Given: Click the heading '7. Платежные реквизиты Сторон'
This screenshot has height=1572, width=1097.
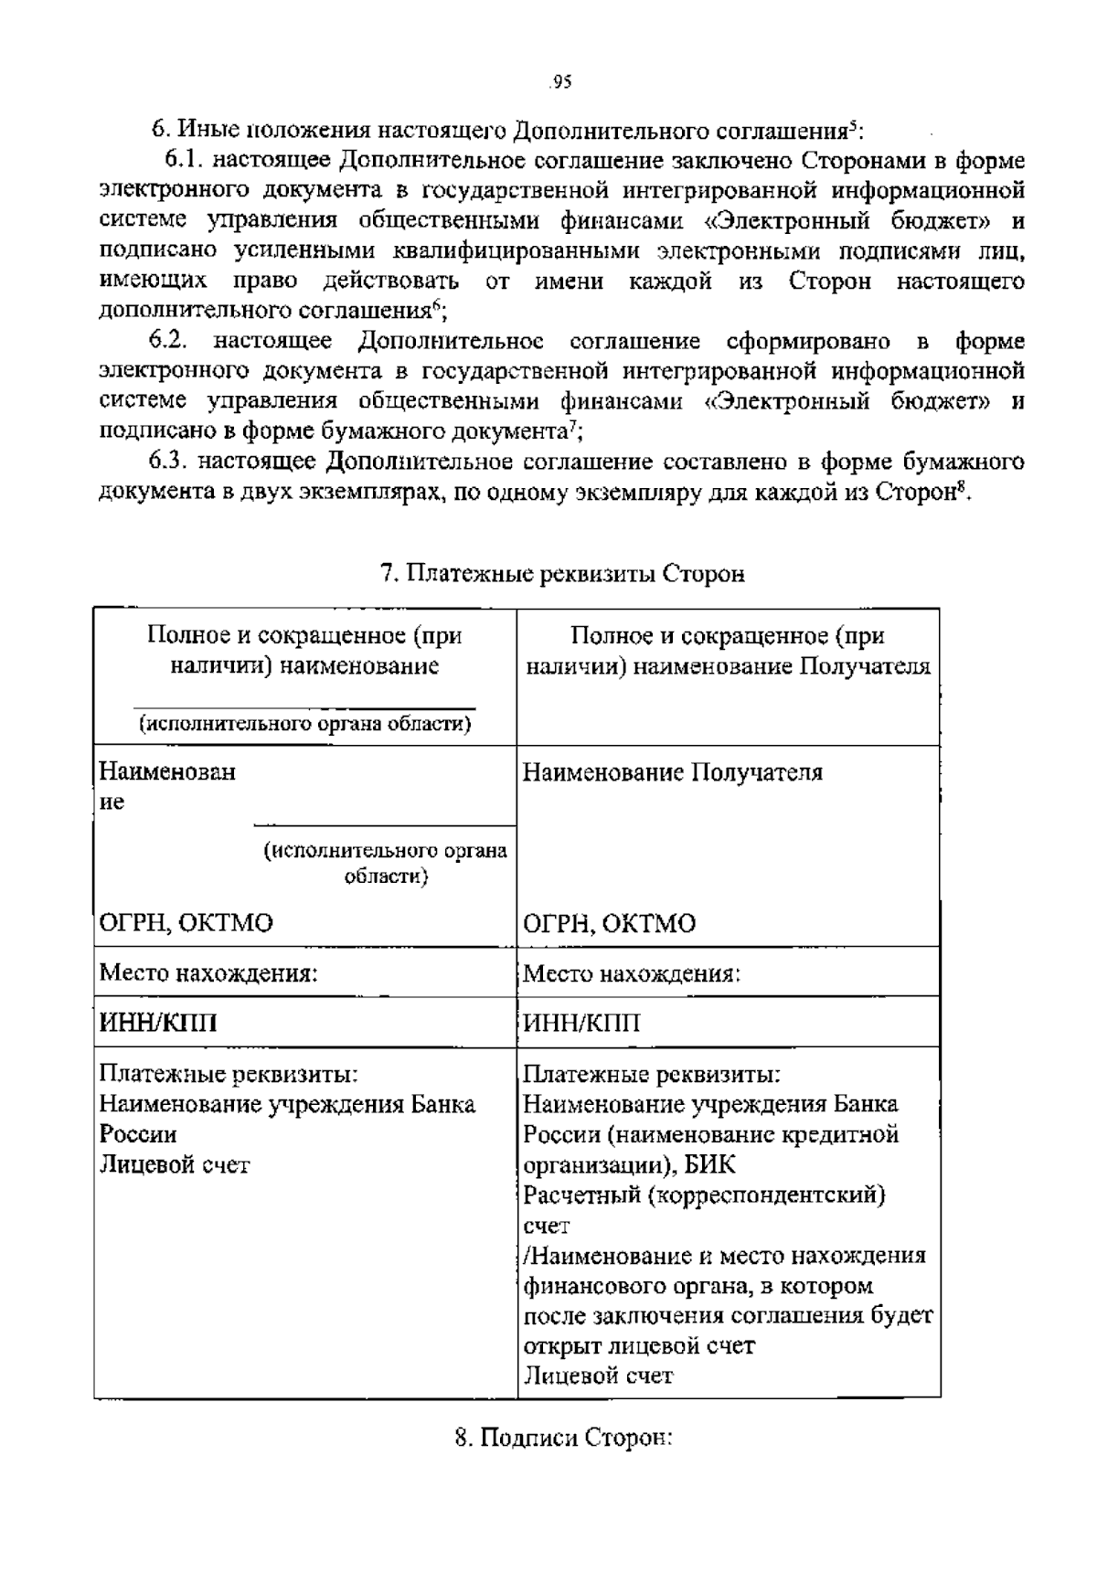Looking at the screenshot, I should [x=562, y=574].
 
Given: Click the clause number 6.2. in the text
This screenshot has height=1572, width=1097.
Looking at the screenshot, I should [x=169, y=341].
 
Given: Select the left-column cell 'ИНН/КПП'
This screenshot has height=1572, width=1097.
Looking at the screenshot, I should [x=158, y=1022].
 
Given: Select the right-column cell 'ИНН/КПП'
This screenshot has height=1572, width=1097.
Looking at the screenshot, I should [x=581, y=1022].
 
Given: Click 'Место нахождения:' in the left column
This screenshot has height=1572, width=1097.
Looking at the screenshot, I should [x=208, y=972].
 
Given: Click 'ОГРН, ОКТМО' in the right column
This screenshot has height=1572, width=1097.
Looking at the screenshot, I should [x=609, y=923].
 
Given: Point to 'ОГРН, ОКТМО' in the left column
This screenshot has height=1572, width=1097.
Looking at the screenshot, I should [x=186, y=922].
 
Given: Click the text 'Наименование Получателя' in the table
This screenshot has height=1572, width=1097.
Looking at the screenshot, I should [x=672, y=772].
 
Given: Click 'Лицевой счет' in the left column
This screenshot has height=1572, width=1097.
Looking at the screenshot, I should [x=174, y=1164].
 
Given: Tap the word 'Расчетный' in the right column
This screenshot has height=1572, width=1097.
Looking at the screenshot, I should [x=580, y=1195].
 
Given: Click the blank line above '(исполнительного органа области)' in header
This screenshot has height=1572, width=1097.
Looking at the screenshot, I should [x=304, y=706].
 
